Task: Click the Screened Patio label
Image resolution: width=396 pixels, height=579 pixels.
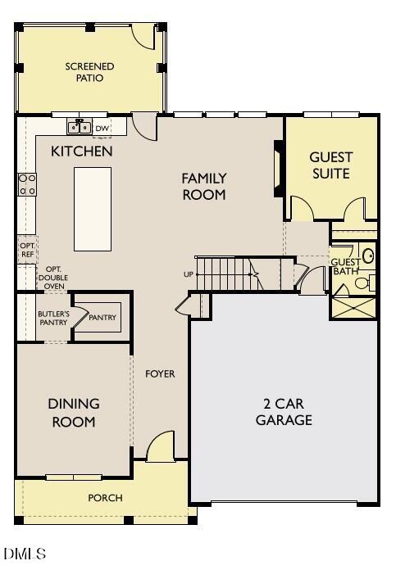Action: coord(89,72)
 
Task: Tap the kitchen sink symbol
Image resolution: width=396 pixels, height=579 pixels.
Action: coord(80,127)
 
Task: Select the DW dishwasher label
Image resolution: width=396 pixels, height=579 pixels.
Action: coord(102,128)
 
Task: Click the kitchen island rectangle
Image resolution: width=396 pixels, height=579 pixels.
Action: coord(93,209)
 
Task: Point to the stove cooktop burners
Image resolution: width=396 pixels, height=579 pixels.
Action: coord(27,184)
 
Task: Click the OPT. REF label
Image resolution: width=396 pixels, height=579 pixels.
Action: coord(27,250)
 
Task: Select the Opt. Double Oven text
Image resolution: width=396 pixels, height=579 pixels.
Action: coord(54,278)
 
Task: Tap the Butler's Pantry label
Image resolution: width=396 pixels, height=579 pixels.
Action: coord(52,318)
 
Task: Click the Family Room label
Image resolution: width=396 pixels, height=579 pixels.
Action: coord(203,186)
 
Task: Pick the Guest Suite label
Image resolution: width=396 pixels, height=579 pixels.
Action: coord(330,165)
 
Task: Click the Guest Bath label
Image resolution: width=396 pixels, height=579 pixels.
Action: coord(344,266)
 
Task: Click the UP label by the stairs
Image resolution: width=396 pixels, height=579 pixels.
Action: coord(189,274)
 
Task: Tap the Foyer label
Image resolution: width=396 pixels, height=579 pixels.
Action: coord(160,373)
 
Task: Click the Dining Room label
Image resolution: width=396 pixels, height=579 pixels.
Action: coord(73,413)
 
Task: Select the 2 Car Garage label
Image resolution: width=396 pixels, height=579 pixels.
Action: coord(284,412)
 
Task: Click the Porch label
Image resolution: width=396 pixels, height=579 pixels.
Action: coord(105,498)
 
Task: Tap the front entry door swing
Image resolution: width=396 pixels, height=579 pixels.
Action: coord(161,447)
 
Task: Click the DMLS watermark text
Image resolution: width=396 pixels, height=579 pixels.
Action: coord(25,554)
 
